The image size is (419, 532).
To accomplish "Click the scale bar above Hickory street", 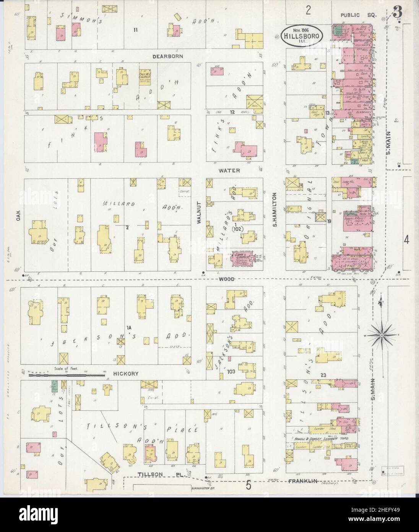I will [67, 375].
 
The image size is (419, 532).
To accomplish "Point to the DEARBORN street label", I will [167, 56].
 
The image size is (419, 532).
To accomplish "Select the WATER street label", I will [229, 170].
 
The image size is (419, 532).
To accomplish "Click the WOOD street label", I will [226, 279].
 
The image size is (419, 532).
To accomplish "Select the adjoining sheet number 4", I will [406, 240].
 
